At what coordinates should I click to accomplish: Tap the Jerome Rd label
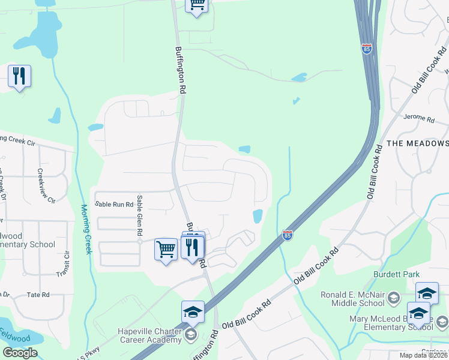(x=418, y=118)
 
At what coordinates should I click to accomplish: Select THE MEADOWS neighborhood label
(x=417, y=143)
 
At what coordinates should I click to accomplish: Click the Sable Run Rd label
(x=114, y=205)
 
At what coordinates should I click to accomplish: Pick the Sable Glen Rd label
(x=139, y=217)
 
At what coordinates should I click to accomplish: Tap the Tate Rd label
(x=38, y=295)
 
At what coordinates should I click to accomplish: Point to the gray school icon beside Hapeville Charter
(x=191, y=334)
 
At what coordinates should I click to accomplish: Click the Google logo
(x=20, y=353)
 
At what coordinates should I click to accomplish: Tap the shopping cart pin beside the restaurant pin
(x=166, y=248)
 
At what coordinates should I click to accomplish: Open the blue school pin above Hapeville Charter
(x=193, y=311)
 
